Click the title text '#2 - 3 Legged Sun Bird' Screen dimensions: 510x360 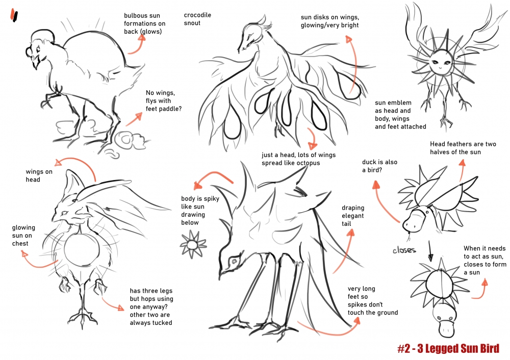(448, 348)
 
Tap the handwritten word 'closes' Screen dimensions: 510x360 (404, 250)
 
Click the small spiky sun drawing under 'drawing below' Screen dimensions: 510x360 (193, 244)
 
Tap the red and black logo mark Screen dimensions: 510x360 (14, 15)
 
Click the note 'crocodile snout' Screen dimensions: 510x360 (197, 19)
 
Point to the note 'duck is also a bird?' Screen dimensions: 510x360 (379, 166)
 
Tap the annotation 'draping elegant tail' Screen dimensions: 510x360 (352, 216)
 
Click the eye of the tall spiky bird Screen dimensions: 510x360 (234, 261)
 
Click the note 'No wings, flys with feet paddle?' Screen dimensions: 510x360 (164, 101)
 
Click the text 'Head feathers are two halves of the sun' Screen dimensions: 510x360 (463, 148)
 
